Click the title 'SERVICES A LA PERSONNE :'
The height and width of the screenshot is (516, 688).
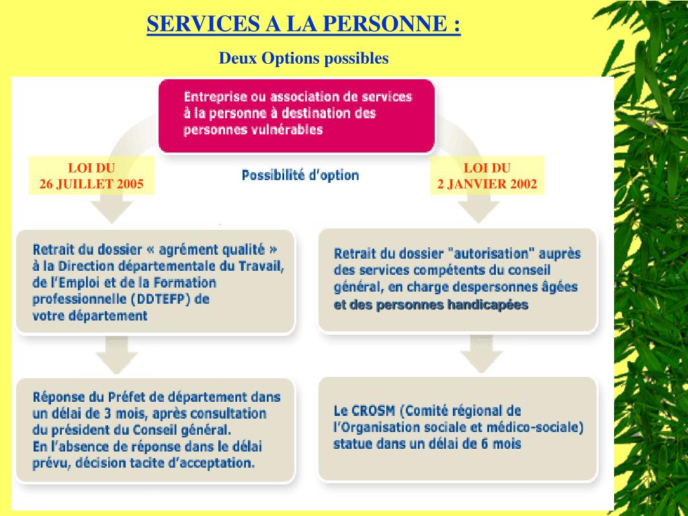pos(304,24)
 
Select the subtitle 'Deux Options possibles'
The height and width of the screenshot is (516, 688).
pos(304,58)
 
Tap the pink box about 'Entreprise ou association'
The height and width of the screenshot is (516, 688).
pos(296,114)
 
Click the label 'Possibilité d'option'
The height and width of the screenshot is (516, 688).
pos(300,175)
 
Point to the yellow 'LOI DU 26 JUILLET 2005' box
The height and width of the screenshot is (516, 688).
pos(91,176)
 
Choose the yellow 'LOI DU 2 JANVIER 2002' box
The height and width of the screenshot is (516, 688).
pos(487,176)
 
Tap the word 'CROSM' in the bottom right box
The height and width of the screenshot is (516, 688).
pos(374,411)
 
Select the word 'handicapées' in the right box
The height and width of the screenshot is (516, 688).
pos(488,305)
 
